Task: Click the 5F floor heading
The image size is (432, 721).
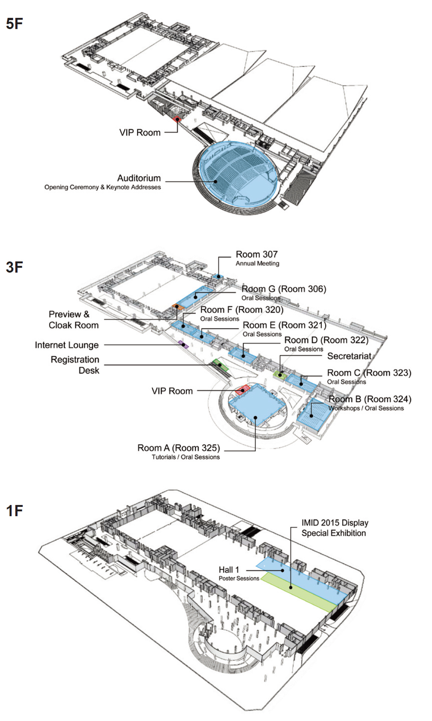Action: tap(15, 24)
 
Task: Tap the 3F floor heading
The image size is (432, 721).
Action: tap(15, 267)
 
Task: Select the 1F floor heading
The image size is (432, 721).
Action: tap(15, 511)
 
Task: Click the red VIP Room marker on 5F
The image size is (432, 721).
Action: tap(177, 119)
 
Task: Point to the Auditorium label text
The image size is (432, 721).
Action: tap(139, 178)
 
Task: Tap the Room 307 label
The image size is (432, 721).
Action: tap(257, 254)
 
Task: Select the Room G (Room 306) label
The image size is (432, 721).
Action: tap(284, 289)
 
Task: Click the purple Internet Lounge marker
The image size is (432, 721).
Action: tap(183, 344)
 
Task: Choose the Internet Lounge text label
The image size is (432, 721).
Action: tap(67, 345)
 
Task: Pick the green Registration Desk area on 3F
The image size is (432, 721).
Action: tap(220, 365)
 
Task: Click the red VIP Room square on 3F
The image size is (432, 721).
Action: tap(242, 390)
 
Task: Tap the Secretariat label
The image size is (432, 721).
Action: tap(349, 356)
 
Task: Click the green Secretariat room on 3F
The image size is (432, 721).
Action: tap(280, 375)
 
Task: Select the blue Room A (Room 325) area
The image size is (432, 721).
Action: tap(257, 406)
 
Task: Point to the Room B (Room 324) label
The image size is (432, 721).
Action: tap(369, 399)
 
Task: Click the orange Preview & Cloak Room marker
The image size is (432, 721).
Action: tap(177, 307)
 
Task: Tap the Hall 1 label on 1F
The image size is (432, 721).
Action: tap(229, 570)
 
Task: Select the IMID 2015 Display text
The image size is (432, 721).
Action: tap(335, 523)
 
